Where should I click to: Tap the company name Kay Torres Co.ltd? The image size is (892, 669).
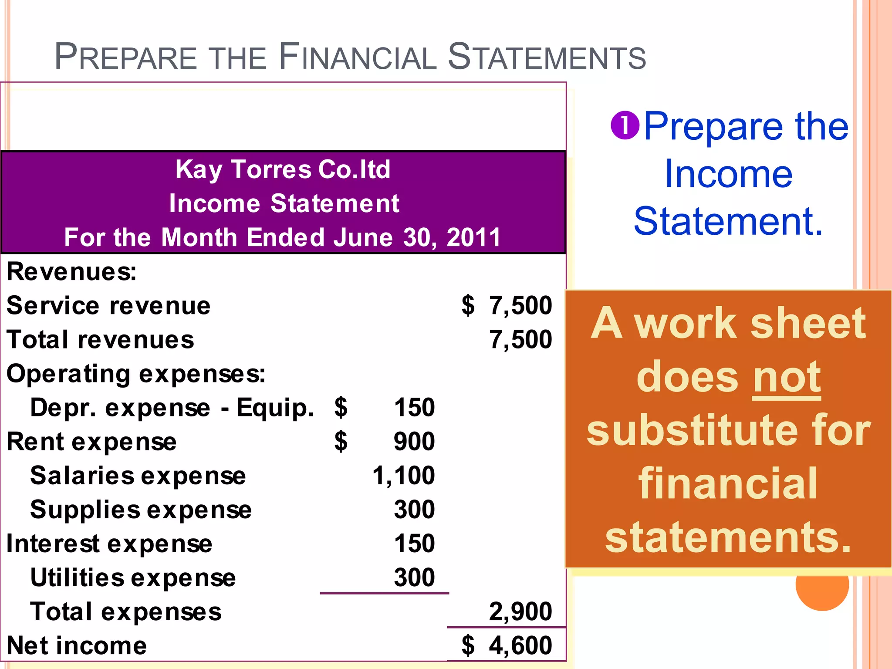(x=283, y=169)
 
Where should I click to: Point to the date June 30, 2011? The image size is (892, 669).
(x=417, y=238)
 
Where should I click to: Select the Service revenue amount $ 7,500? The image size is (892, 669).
(x=507, y=305)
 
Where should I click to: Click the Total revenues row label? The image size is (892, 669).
(x=100, y=340)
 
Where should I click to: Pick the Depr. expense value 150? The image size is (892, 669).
(x=414, y=408)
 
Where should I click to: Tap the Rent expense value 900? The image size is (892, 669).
(x=414, y=442)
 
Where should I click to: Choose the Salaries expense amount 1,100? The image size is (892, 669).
(x=404, y=475)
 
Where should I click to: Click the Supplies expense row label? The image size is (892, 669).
(x=141, y=510)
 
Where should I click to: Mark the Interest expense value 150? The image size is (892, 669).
(x=414, y=544)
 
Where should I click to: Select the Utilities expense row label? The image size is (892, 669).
(x=133, y=578)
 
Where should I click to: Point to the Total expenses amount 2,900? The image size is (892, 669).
(x=520, y=612)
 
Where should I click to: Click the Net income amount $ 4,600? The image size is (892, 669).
(x=507, y=645)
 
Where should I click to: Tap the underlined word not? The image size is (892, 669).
(x=787, y=377)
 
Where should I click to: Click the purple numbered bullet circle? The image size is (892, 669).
(x=625, y=125)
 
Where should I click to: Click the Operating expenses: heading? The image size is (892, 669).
(x=136, y=374)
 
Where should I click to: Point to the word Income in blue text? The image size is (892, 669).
(x=728, y=174)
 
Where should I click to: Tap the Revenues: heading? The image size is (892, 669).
(x=71, y=272)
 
